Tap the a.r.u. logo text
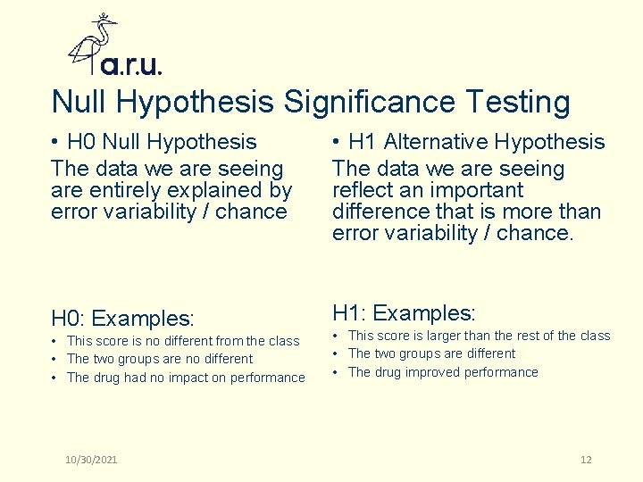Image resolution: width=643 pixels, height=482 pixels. (131, 65)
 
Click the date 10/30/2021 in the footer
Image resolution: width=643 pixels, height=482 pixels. (91, 460)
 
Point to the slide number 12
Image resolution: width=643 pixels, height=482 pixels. (586, 460)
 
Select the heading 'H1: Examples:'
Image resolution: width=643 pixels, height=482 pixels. (404, 313)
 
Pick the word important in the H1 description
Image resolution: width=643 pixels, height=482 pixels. (477, 190)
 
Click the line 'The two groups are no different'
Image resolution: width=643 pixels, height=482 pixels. (160, 359)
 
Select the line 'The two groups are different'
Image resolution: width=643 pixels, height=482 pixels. (431, 353)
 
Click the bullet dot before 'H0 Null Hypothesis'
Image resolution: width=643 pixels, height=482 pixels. (55, 143)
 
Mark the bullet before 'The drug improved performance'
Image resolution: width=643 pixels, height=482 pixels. (337, 372)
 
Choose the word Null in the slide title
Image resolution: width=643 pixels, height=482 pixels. (80, 102)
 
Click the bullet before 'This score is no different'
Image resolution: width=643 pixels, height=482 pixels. (55, 341)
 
